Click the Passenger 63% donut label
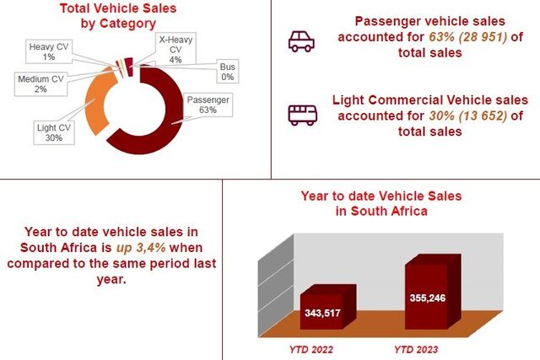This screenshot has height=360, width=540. pyautogui.click(x=208, y=105)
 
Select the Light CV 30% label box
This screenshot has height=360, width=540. pyautogui.click(x=54, y=132)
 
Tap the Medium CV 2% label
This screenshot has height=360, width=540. pyautogui.click(x=40, y=84)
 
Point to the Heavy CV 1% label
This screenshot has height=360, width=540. pyautogui.click(x=49, y=51)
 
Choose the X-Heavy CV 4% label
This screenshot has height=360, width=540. pyautogui.click(x=175, y=49)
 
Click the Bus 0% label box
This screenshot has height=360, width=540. pyautogui.click(x=227, y=72)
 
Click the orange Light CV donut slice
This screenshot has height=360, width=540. pyautogui.click(x=98, y=102)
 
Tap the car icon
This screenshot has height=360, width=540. pyautogui.click(x=301, y=41)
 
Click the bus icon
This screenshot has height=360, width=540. pyautogui.click(x=303, y=115)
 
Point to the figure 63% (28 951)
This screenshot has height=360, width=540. pyautogui.click(x=468, y=36)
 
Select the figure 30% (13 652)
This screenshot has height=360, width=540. pyautogui.click(x=468, y=116)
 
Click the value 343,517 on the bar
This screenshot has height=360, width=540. pyautogui.click(x=322, y=313)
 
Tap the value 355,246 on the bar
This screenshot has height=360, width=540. pyautogui.click(x=428, y=298)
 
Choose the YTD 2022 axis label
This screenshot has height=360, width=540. pyautogui.click(x=311, y=350)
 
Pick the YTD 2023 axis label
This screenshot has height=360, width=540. pyautogui.click(x=416, y=350)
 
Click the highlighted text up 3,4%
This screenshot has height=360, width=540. pyautogui.click(x=141, y=248)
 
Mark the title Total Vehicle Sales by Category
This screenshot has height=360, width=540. pyautogui.click(x=118, y=16)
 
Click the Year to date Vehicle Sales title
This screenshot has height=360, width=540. pyautogui.click(x=381, y=203)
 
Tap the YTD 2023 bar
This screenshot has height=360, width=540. pyautogui.click(x=433, y=292)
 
